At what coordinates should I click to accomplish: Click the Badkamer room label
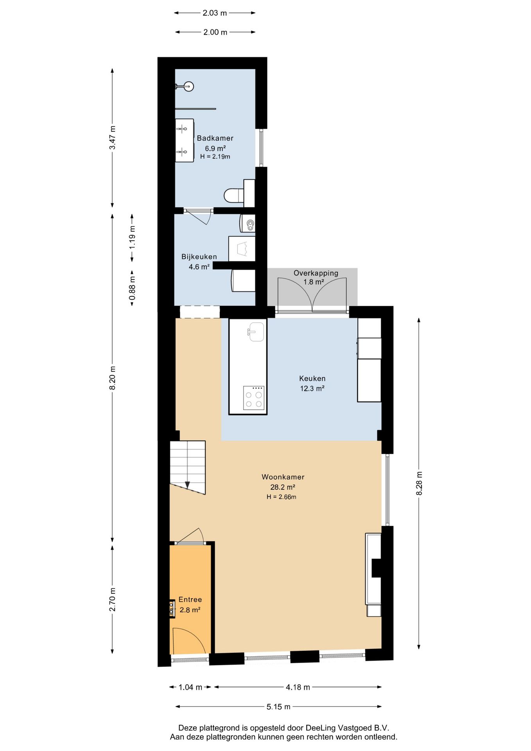(215, 138)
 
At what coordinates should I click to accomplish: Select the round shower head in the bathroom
(189, 86)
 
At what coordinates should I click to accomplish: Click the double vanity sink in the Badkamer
(185, 140)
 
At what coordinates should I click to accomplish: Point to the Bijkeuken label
(199, 257)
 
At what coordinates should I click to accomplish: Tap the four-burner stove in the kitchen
(253, 398)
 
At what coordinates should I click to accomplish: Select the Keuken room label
(312, 378)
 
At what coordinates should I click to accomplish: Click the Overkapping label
(316, 273)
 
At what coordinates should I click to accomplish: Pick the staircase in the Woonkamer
(188, 467)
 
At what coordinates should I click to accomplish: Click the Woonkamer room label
(283, 477)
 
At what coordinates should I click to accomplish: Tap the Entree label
(190, 599)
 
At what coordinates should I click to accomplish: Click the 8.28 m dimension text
(419, 483)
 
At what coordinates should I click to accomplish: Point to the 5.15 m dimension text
(278, 706)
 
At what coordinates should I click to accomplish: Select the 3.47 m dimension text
(113, 138)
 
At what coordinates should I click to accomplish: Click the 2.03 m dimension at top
(215, 13)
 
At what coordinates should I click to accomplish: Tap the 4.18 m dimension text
(298, 687)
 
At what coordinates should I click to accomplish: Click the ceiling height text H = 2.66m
(282, 497)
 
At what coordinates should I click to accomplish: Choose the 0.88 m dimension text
(132, 288)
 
